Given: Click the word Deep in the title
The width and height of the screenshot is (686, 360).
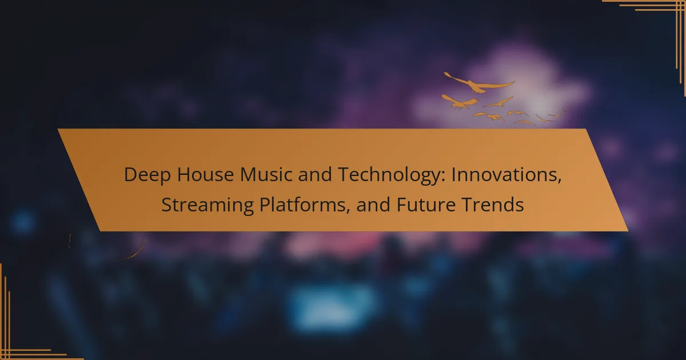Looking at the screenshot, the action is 147,175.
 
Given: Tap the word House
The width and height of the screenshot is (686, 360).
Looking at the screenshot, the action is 205,174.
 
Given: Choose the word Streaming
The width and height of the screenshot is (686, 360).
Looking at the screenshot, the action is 208,205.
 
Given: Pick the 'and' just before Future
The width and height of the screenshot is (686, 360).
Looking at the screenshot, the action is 373,205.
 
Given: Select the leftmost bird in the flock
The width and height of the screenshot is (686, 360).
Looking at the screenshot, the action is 460,102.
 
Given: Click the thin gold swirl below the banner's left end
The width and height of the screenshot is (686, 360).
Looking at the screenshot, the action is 135,253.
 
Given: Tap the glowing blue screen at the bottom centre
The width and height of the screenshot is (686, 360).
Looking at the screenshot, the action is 332,306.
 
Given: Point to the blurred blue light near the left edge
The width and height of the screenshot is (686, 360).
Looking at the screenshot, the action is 23,221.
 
